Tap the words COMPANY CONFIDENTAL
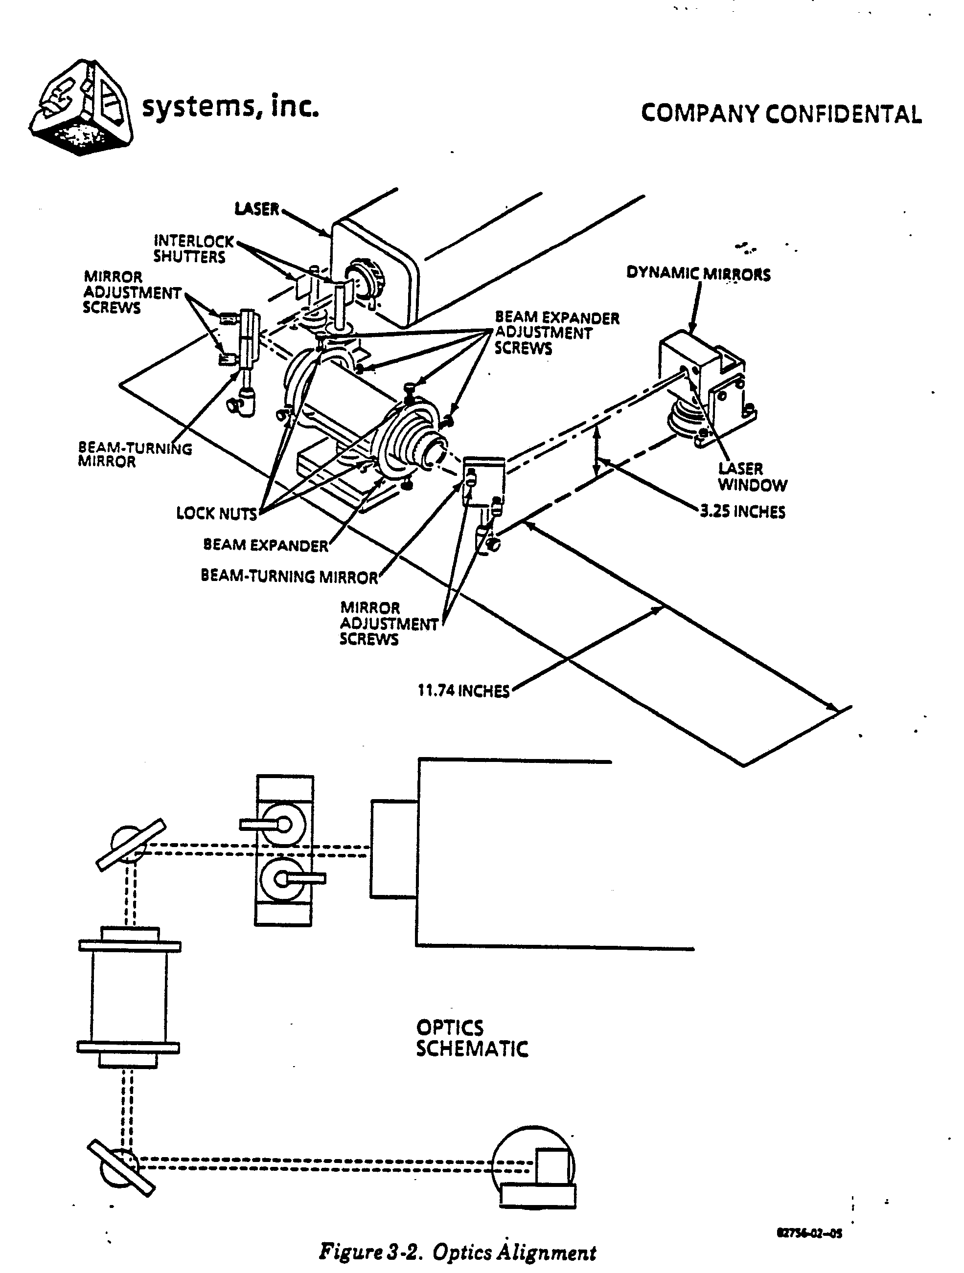pyautogui.click(x=781, y=114)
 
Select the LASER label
pyautogui.click(x=257, y=208)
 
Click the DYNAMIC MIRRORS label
pyautogui.click(x=698, y=274)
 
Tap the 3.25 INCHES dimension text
pyautogui.click(x=742, y=512)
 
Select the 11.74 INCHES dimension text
pyautogui.click(x=463, y=690)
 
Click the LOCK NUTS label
pyautogui.click(x=216, y=514)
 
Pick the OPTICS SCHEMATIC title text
pyautogui.click(x=472, y=1038)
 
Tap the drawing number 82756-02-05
pyautogui.click(x=810, y=1233)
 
